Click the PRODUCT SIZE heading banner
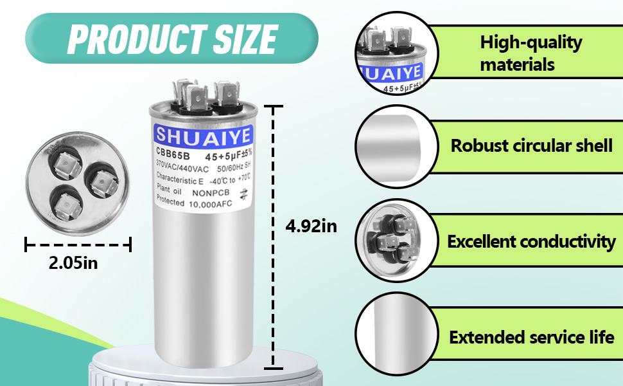(171, 38)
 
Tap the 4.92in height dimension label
(311, 226)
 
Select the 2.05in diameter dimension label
(73, 262)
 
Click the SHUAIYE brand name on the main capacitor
(203, 135)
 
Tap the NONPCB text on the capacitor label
(211, 193)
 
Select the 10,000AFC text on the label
(210, 204)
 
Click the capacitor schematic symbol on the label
(243, 194)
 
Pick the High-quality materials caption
(531, 53)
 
